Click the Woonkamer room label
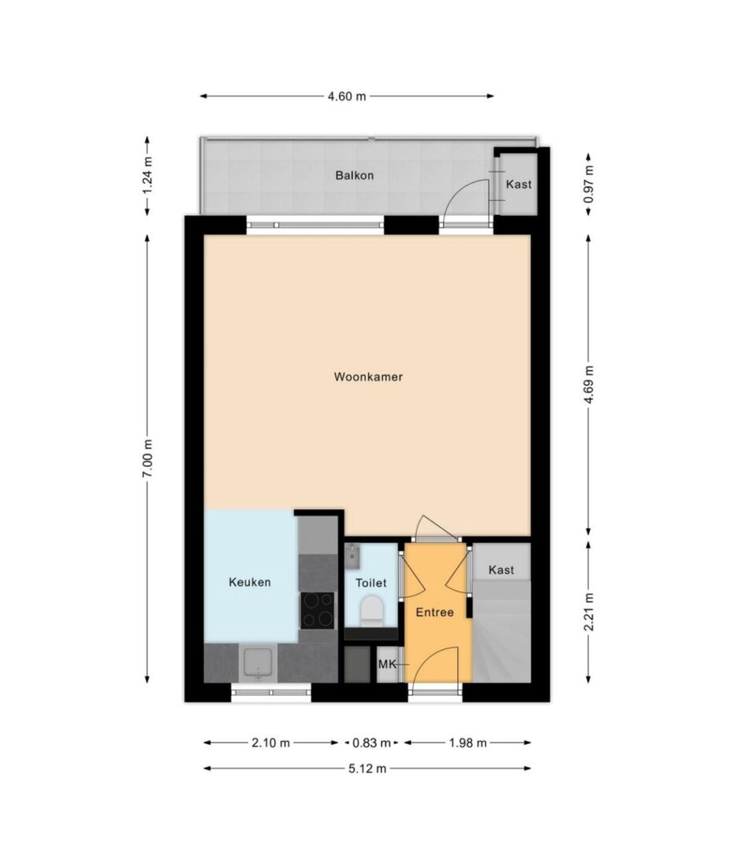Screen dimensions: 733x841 368,377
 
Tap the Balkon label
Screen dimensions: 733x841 354,176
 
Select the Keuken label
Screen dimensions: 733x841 250,582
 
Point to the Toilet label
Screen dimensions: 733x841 371,583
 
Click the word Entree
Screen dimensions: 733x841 435,612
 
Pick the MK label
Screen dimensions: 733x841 387,664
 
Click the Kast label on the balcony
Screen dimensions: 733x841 519,184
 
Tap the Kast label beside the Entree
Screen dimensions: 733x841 501,570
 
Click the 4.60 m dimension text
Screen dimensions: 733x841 346,96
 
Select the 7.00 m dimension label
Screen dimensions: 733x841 148,459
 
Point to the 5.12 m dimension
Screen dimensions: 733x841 367,768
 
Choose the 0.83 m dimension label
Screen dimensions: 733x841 372,742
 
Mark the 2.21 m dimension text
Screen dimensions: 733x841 589,612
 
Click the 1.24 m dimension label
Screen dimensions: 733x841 148,176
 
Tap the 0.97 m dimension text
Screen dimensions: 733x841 589,184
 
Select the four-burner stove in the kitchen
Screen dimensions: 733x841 317,610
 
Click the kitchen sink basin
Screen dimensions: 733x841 258,664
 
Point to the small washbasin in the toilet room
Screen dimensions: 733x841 351,556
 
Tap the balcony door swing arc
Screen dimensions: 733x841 461,187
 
